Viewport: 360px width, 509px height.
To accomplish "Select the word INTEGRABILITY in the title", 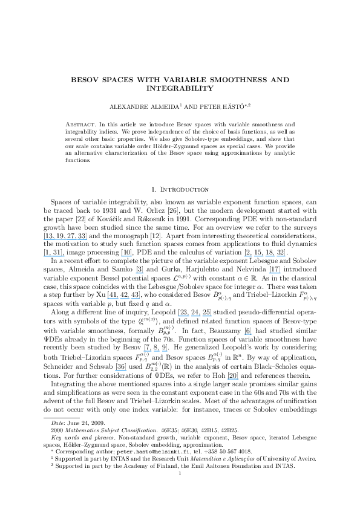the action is tap(180, 88).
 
